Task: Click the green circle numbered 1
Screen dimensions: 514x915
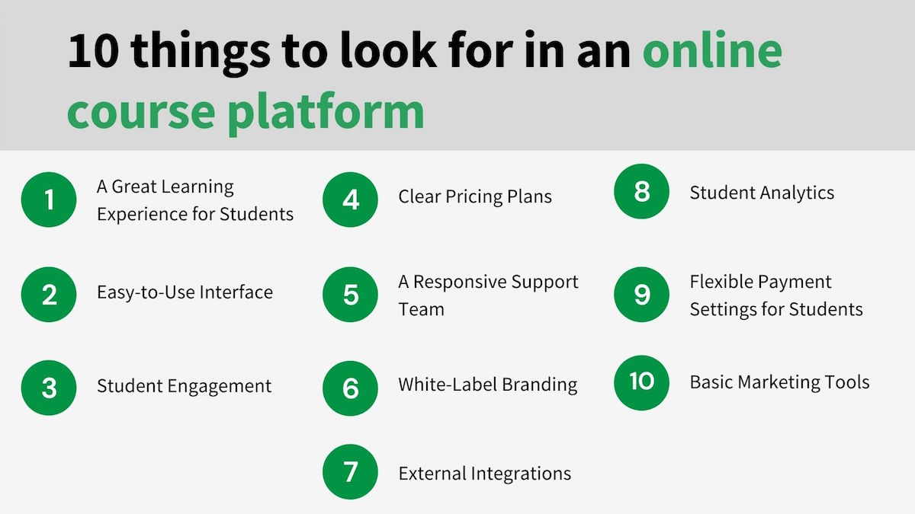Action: [49, 200]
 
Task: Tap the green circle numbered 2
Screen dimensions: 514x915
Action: [49, 294]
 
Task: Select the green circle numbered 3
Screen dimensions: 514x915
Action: [49, 388]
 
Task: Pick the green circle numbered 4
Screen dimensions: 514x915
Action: [350, 200]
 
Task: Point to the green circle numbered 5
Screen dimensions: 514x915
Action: [350, 294]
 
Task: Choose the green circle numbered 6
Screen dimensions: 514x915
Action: [350, 388]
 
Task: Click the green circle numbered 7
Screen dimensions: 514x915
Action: [350, 472]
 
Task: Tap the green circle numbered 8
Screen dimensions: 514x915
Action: [641, 191]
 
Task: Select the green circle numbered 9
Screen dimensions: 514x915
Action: [641, 294]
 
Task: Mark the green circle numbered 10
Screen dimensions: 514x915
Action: [641, 382]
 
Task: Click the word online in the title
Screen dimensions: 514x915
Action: [712, 52]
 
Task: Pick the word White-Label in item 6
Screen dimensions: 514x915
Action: [440, 385]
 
